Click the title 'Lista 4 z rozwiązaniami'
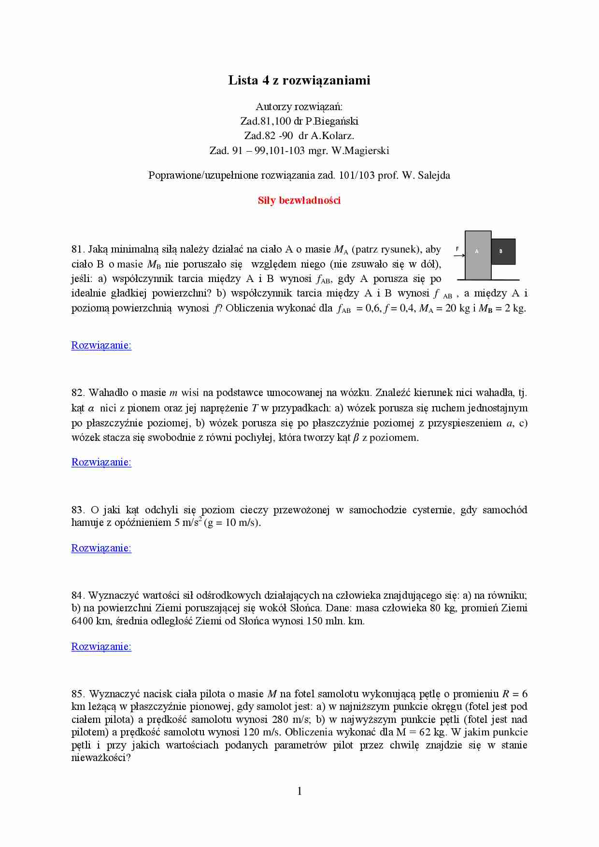click(299, 80)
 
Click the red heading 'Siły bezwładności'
click(299, 200)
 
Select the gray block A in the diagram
click(478, 255)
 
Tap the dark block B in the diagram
click(503, 252)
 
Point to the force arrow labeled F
click(459, 255)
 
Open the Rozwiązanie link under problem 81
click(101, 345)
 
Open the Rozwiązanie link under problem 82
click(101, 462)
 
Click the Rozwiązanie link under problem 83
click(101, 548)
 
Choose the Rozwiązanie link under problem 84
click(101, 647)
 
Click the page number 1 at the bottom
click(299, 791)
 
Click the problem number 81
click(78, 250)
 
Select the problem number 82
click(78, 393)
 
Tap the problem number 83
click(78, 510)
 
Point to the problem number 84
click(78, 595)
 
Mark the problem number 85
click(78, 694)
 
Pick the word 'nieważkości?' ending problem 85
click(101, 758)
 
